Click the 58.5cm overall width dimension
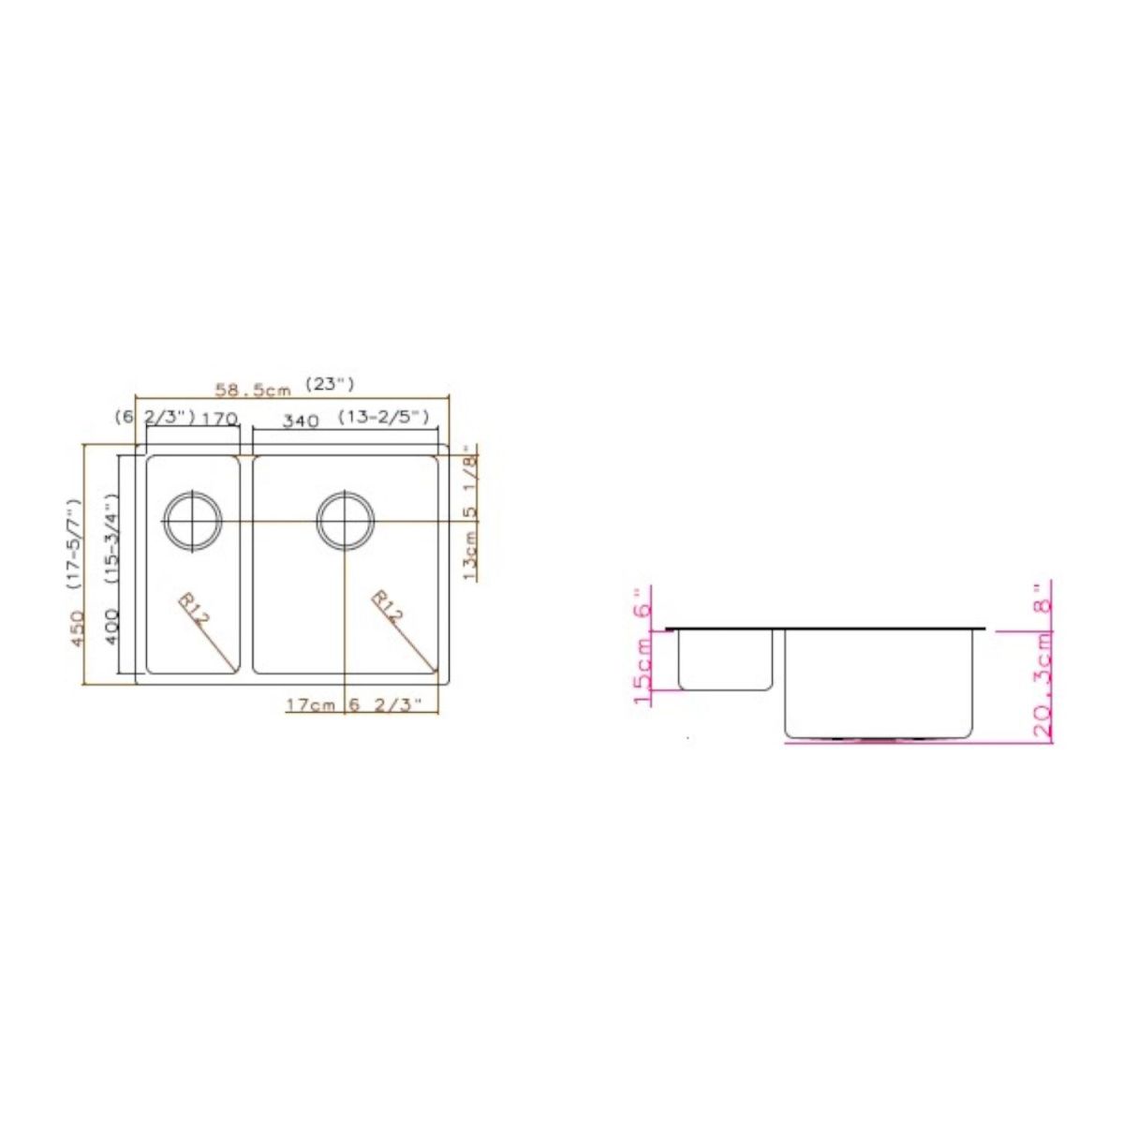(253, 390)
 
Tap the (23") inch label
(330, 384)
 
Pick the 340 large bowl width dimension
(301, 421)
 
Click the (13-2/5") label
(384, 417)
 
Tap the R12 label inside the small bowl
(193, 610)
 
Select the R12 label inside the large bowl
(388, 608)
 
